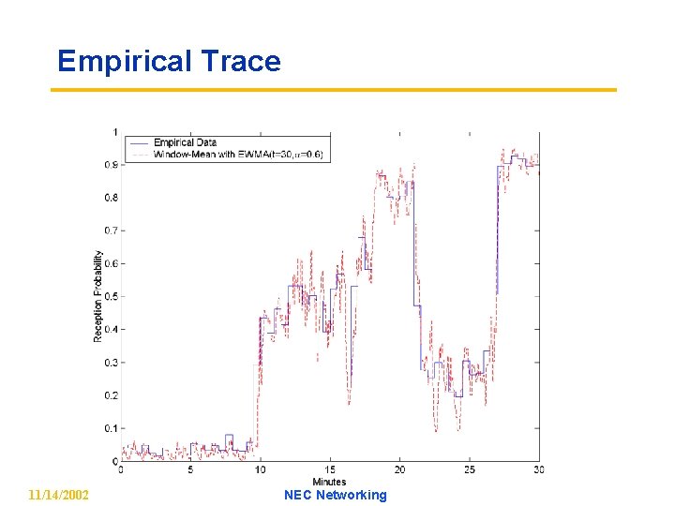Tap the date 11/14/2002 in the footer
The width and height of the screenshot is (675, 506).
point(59,495)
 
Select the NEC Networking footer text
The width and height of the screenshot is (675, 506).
point(335,495)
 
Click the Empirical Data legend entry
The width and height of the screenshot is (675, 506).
point(185,142)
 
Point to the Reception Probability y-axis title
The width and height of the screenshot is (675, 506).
point(98,295)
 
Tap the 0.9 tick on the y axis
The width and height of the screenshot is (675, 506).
point(111,165)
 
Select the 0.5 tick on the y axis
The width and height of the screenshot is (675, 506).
point(111,297)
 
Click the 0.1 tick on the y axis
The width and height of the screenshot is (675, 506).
point(111,429)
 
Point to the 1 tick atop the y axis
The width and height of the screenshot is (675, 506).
point(114,132)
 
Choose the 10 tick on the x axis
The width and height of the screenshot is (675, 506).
point(260,470)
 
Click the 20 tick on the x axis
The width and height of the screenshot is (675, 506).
point(399,470)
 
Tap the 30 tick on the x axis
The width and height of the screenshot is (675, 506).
point(538,470)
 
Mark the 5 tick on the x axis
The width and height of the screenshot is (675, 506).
point(190,470)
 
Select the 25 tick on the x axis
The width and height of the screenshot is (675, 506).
point(469,470)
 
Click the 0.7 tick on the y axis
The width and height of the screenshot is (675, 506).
point(111,231)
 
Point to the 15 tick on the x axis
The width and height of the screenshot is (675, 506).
point(330,470)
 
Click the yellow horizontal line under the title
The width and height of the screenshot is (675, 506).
point(333,90)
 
